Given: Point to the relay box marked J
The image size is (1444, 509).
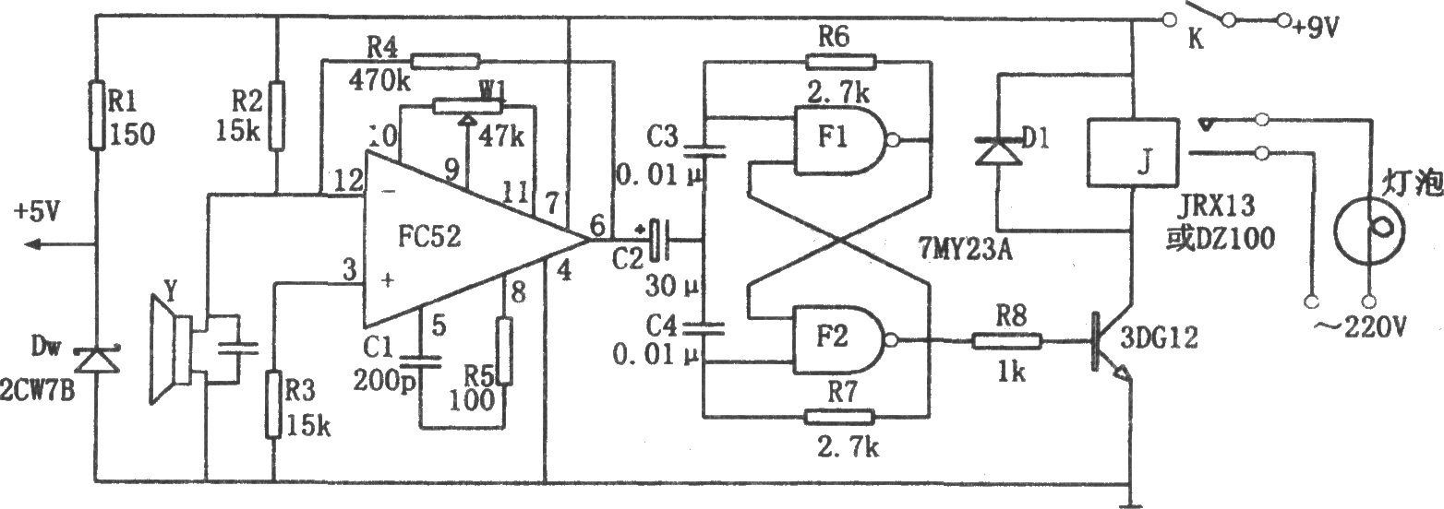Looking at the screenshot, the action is [1133, 152].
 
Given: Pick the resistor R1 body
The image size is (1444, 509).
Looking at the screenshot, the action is [97, 115].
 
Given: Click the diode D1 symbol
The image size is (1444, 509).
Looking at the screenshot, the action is [998, 151].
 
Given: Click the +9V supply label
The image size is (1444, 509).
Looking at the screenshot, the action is [1316, 28].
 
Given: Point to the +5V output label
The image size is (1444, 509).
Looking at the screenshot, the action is [37, 211].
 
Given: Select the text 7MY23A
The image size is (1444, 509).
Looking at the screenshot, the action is [966, 249].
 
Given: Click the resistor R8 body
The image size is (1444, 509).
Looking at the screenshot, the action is [1006, 340].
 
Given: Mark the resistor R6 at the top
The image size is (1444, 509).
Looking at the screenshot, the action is [840, 62].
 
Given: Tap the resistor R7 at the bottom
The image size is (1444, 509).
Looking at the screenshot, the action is [839, 417].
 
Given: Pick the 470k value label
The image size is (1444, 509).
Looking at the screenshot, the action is [380, 81].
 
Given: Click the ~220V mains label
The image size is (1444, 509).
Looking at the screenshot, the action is [1360, 328].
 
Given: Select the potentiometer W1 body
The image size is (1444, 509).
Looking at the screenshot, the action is [467, 106].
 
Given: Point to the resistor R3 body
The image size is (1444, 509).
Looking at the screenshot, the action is [273, 404].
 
